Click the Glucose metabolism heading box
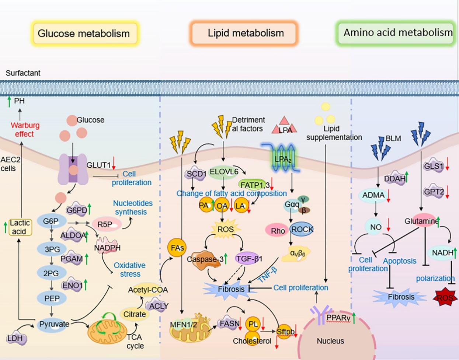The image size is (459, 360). pyautogui.click(x=84, y=34)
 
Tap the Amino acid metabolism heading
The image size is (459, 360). pyautogui.click(x=397, y=33)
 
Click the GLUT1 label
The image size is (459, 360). pyautogui.click(x=98, y=165)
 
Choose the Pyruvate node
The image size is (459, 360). pyautogui.click(x=54, y=324)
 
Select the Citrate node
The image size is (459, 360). pyautogui.click(x=134, y=314)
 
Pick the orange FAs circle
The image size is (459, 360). pyautogui.click(x=177, y=248)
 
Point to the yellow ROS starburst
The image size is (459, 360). pyautogui.click(x=225, y=229)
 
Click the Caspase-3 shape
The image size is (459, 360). pyautogui.click(x=204, y=259)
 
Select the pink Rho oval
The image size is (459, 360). pyautogui.click(x=277, y=231)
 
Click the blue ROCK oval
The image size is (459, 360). pyautogui.click(x=302, y=229)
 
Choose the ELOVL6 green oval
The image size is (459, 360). pyautogui.click(x=223, y=172)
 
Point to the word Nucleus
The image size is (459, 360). pyautogui.click(x=330, y=341)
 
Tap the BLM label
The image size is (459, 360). pyautogui.click(x=393, y=139)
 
